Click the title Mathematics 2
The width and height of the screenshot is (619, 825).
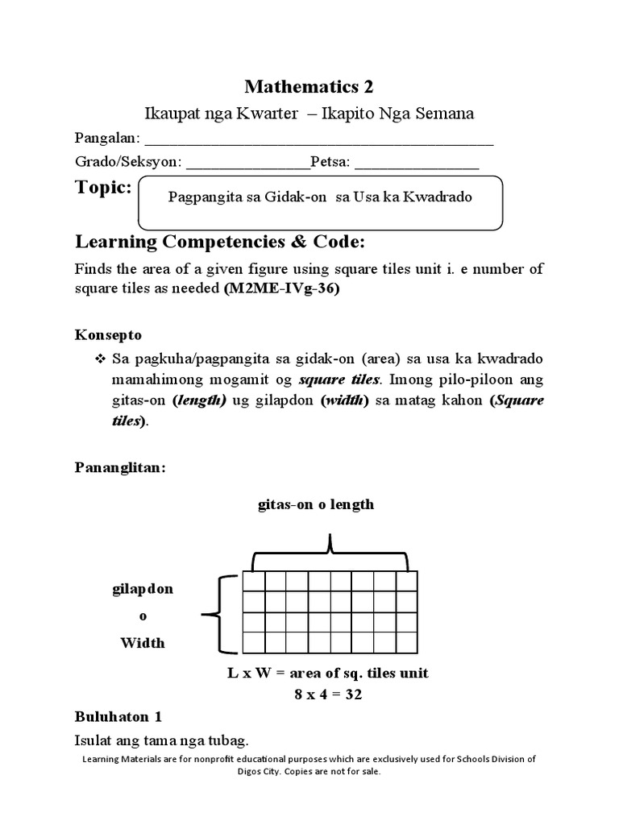click(x=309, y=87)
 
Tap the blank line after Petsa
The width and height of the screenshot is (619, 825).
click(x=417, y=168)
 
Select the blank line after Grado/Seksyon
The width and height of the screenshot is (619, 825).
click(x=247, y=168)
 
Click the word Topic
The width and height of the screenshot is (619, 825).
click(x=103, y=188)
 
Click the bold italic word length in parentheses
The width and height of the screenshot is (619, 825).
click(x=198, y=401)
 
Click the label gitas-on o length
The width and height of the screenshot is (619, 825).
click(x=315, y=504)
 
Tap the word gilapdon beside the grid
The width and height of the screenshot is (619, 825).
click(x=142, y=589)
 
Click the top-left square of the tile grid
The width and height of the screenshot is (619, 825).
click(x=253, y=582)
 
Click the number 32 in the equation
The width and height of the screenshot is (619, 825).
click(x=351, y=693)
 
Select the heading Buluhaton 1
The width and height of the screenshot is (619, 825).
click(x=118, y=715)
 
